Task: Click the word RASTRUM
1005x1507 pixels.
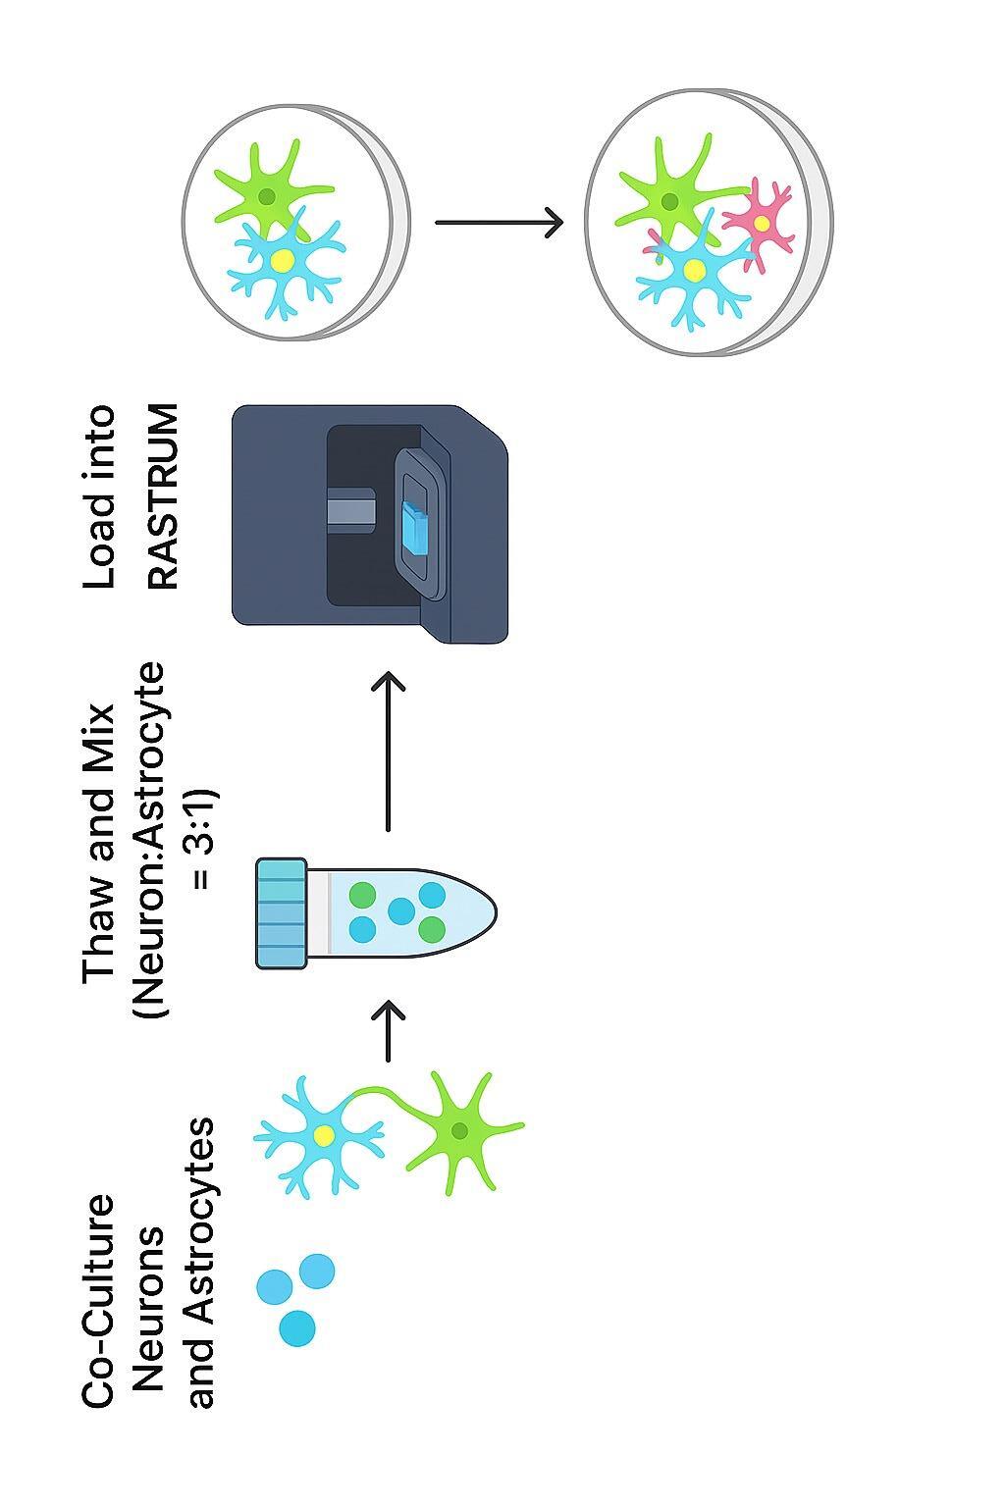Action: [164, 496]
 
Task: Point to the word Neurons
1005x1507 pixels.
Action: [149, 1305]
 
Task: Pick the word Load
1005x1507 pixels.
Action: [100, 551]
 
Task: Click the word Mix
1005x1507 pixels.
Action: [100, 736]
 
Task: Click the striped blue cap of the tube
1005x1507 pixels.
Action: [282, 912]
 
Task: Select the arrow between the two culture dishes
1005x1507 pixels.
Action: [499, 223]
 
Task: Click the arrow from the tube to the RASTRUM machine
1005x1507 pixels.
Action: [390, 751]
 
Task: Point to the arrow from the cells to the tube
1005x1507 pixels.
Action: [390, 1030]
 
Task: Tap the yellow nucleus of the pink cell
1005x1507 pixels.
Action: [762, 224]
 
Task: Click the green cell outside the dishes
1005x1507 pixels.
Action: [459, 1130]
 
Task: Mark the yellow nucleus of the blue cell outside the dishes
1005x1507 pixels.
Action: [324, 1135]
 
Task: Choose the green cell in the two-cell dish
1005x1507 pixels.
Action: [267, 196]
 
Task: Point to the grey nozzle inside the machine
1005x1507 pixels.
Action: [348, 510]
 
